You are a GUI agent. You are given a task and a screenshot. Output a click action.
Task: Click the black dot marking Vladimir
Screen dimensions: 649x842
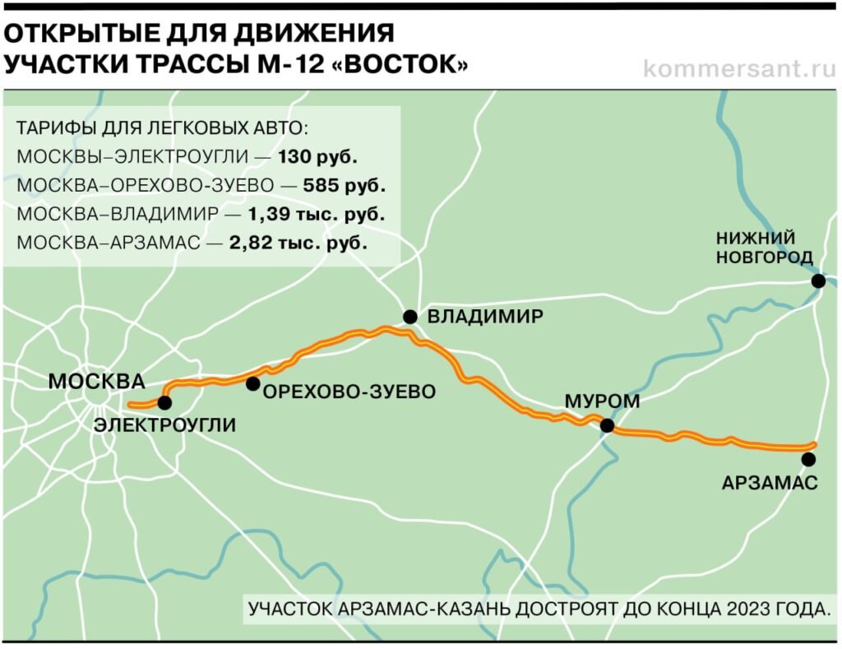[x=409, y=317]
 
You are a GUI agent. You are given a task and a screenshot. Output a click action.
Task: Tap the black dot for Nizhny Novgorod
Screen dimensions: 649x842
[x=818, y=281]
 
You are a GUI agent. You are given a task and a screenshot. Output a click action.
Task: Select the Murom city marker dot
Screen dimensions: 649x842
[x=608, y=425]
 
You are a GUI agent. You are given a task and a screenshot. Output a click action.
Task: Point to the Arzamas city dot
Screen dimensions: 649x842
[x=809, y=459]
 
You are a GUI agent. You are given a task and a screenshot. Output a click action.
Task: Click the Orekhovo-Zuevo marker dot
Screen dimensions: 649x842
[x=252, y=383]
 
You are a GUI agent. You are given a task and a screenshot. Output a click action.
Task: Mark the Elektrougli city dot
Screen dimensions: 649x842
[x=164, y=402]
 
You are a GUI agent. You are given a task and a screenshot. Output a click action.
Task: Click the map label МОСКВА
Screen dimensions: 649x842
[x=96, y=382]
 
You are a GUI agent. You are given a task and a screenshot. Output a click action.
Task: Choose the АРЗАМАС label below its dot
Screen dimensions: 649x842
[x=770, y=484]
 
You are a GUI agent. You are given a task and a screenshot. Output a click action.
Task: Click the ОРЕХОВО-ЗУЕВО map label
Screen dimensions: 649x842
[x=349, y=392]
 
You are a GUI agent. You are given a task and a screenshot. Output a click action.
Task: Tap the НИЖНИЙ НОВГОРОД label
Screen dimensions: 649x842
[x=763, y=248]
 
